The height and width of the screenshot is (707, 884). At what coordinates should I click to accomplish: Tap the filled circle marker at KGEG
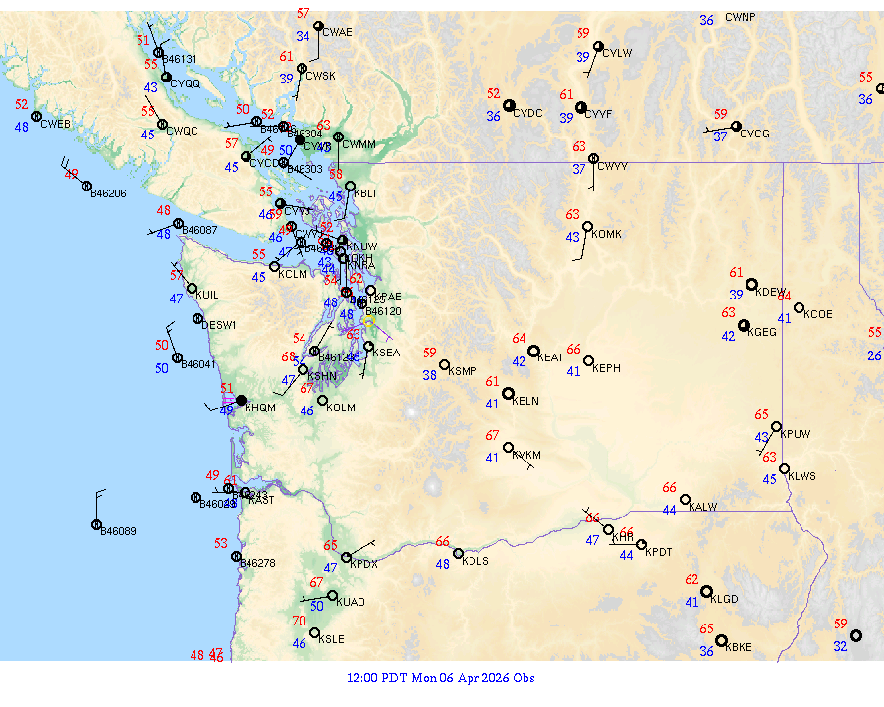coord(744,326)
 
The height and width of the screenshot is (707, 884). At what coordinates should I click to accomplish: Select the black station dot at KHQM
coord(241,400)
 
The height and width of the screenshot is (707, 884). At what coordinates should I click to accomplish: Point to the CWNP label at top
coord(741,18)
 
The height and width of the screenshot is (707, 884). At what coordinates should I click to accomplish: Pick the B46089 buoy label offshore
coord(119,531)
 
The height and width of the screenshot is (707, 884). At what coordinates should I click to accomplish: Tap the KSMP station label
coord(462,371)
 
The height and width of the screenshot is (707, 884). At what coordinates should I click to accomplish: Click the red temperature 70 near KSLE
coord(299,621)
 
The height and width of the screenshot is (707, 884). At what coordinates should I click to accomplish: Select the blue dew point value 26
coord(874,355)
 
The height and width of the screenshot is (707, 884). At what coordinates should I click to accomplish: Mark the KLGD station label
coord(724,599)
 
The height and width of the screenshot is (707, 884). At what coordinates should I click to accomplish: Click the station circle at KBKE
coord(721,641)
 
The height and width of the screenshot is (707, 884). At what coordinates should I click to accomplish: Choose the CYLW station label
coord(617,53)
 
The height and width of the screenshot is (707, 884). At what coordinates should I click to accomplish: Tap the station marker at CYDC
coord(508,105)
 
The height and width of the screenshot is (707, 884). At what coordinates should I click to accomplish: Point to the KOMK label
coord(607,234)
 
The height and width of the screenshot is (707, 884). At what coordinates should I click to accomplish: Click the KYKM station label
coord(526,456)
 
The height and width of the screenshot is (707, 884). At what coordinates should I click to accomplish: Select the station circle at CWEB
coord(37,117)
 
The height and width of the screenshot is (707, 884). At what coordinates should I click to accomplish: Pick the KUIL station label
coord(207,294)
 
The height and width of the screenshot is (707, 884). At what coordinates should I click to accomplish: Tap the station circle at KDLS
coord(458,553)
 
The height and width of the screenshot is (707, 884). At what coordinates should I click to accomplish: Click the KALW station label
coord(703,507)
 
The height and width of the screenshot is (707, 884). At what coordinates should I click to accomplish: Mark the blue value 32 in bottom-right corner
coord(840,646)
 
